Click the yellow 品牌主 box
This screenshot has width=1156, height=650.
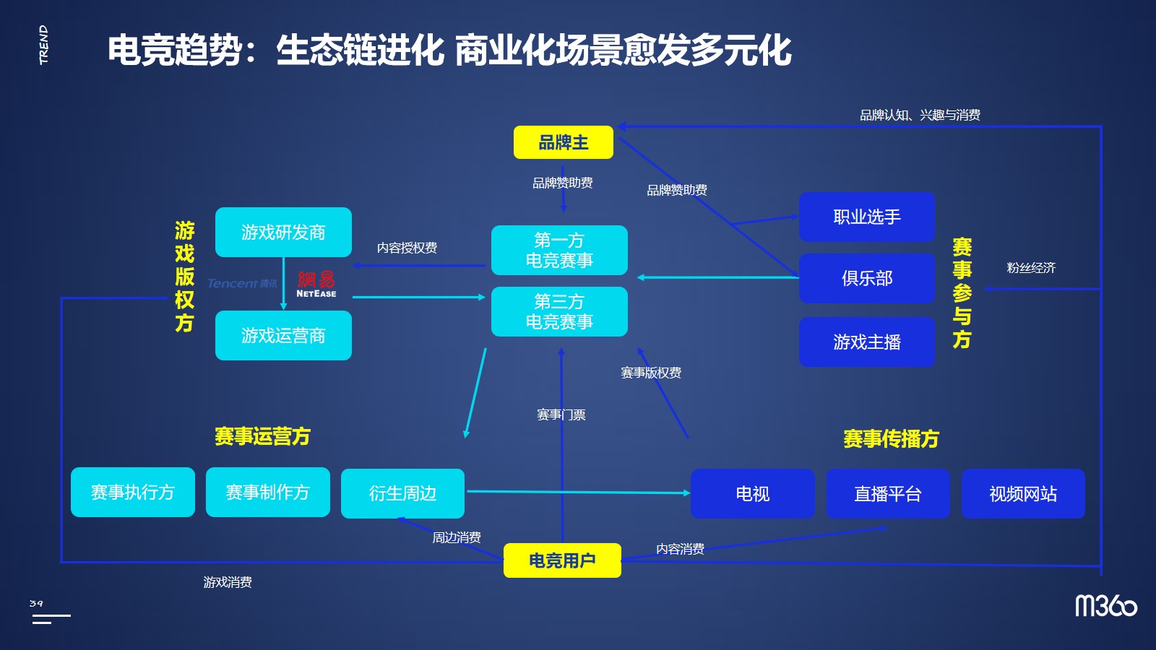click(563, 142)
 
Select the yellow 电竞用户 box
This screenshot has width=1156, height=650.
click(562, 560)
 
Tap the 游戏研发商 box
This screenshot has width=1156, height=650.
click(283, 232)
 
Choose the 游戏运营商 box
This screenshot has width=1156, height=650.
click(283, 335)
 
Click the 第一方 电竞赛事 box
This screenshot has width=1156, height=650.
click(559, 250)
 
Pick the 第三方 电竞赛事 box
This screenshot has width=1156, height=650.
click(559, 311)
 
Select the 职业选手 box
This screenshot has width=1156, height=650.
click(866, 217)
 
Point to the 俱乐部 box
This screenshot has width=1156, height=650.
click(866, 278)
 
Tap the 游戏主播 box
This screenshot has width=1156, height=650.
click(866, 342)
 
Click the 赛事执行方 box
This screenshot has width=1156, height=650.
click(133, 492)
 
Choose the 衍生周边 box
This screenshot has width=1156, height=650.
click(402, 493)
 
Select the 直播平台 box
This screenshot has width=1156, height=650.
click(887, 493)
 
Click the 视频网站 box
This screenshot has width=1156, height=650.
click(1022, 493)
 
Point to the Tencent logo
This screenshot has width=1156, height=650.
click(242, 283)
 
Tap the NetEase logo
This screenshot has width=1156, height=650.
click(316, 284)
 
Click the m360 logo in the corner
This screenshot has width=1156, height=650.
click(1105, 605)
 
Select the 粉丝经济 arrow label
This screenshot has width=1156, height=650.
click(1031, 268)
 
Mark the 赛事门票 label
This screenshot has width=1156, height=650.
click(561, 415)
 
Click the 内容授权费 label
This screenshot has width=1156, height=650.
click(407, 248)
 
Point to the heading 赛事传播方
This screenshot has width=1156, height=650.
click(891, 438)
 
